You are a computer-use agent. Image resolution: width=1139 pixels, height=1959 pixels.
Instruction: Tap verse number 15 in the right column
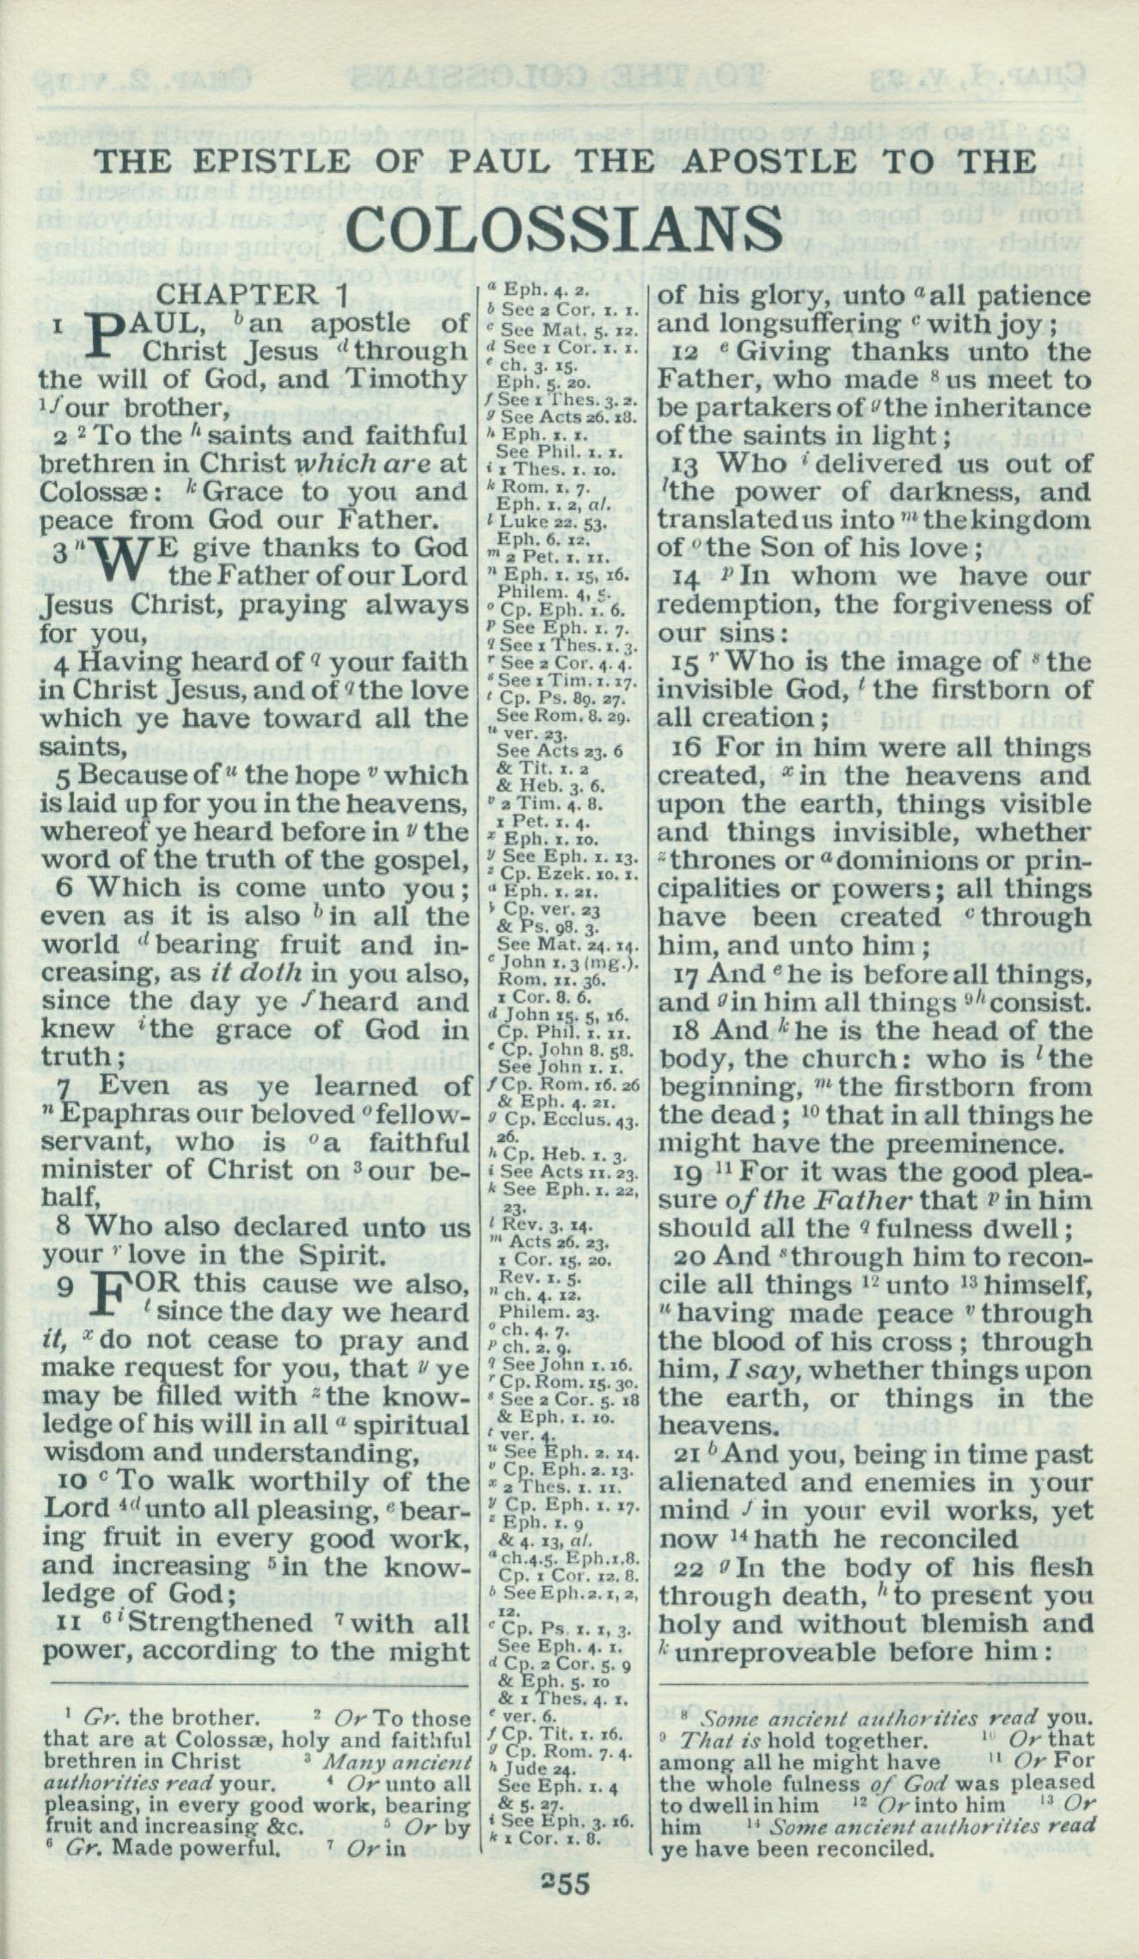689,662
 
